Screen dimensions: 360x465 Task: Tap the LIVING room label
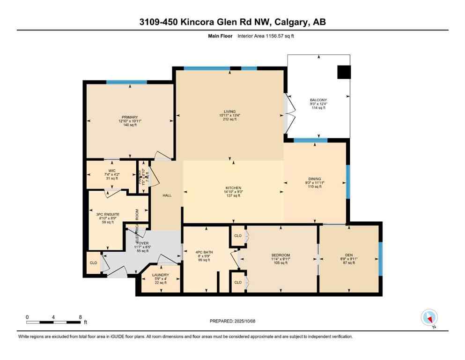coord(229,111)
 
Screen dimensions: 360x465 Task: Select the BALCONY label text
coord(318,100)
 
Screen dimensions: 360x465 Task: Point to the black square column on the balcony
coord(344,72)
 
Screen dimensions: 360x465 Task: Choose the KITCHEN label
coord(233,188)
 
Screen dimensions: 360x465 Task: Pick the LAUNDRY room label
coord(161,275)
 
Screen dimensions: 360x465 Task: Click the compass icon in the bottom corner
coord(429,317)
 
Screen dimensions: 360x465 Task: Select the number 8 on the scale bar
coord(81,317)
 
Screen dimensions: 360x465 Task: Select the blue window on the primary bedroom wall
coord(126,82)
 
